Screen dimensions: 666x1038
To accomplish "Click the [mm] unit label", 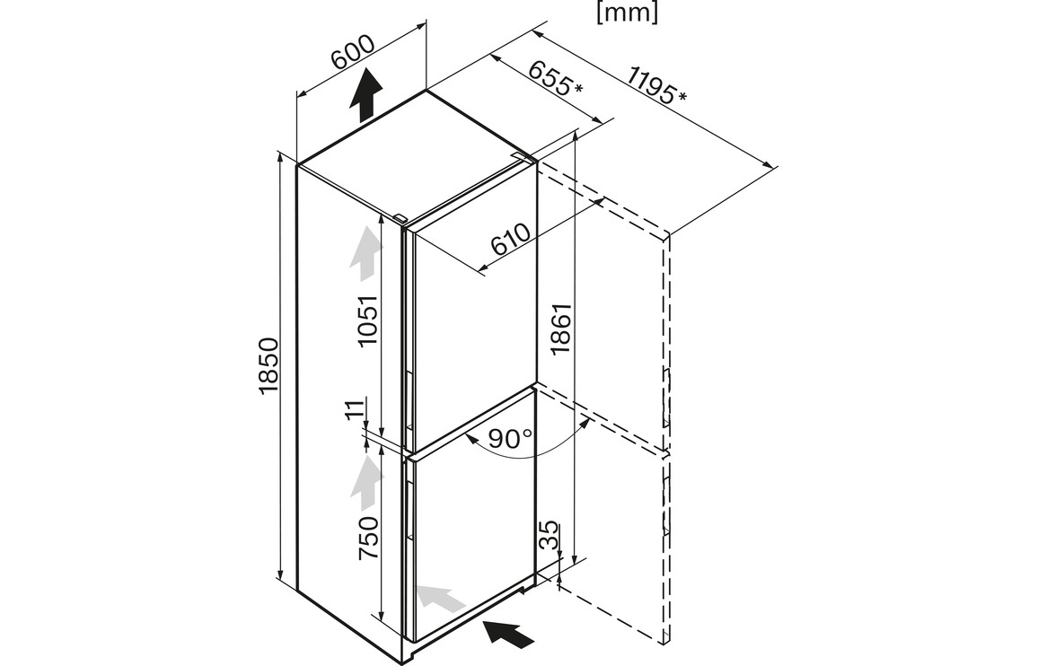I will (x=627, y=13).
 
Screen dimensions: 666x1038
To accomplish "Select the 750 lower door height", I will (x=367, y=536).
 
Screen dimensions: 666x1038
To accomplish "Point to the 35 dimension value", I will (x=549, y=537).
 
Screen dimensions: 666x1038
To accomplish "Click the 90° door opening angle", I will (x=510, y=439).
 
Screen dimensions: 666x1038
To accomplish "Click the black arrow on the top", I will (x=365, y=95).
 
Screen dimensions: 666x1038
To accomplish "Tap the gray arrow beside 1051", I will (x=364, y=253).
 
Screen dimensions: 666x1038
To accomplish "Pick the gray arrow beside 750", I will (x=365, y=482).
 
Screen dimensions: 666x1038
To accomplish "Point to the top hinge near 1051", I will (x=398, y=217).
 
